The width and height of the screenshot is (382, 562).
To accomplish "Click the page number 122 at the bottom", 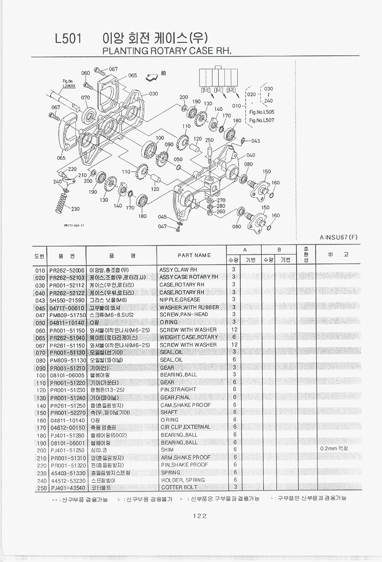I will coord(199,515).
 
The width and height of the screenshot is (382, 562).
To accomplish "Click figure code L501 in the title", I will coord(70,39).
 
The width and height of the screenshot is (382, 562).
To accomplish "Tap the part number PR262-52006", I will coord(67,270).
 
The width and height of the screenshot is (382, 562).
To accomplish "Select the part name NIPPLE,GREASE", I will coord(180,300).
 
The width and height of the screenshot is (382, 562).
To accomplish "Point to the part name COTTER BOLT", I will coord(179,488).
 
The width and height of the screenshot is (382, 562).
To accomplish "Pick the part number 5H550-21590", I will coord(67,300).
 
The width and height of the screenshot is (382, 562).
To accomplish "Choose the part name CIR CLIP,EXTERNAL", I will coord(185,427).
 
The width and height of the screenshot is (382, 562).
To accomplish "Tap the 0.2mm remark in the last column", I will coord(334,448).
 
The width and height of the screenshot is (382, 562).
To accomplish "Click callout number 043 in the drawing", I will coord(255,141).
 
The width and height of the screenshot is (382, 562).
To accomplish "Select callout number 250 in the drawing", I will coord(209,140).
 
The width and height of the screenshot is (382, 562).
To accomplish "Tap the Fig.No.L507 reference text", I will coord(262,120).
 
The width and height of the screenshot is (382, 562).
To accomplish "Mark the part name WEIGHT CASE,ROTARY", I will coord(188,337).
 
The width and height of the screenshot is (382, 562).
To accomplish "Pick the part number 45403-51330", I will coord(67,473).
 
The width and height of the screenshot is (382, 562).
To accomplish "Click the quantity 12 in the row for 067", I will coord(234,345).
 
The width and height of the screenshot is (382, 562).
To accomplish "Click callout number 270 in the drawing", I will coord(221,201).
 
